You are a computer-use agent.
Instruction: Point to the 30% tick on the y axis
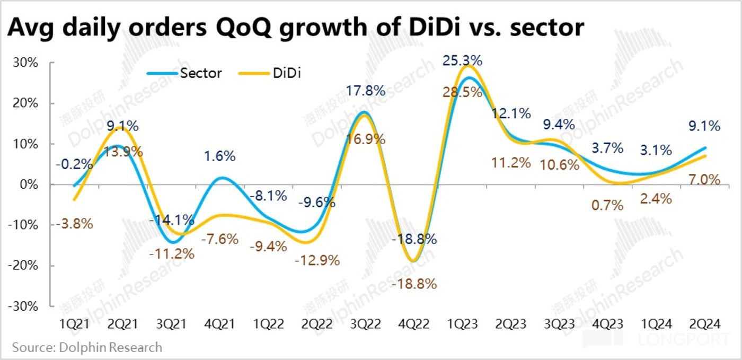[26, 63]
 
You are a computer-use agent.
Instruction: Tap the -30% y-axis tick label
[24, 306]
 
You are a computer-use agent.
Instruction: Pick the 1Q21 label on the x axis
[74, 323]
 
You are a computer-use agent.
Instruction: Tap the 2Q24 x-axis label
[703, 323]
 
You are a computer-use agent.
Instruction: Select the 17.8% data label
[366, 91]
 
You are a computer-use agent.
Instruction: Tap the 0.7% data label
[607, 205]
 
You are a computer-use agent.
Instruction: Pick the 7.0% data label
[705, 180]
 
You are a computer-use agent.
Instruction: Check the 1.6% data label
[220, 156]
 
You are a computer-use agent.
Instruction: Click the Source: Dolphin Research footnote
[87, 348]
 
